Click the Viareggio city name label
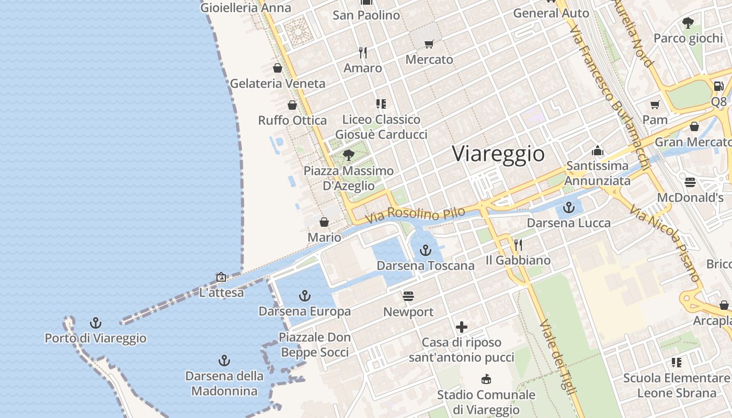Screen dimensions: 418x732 498,154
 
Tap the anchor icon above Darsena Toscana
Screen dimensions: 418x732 426,250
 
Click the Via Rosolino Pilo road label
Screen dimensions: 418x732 415,215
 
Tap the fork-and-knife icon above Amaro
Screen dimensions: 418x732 363,52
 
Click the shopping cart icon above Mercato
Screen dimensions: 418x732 429,44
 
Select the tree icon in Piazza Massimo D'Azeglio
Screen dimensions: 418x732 349,155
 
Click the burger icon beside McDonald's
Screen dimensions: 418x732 690,182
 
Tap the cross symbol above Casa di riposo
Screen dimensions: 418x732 461,328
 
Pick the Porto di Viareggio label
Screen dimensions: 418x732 95,338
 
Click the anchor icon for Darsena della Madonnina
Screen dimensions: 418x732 224,361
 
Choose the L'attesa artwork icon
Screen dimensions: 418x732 221,277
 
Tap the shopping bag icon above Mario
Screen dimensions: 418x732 324,222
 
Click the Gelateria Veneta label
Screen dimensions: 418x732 277,83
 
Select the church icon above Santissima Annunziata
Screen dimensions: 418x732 598,151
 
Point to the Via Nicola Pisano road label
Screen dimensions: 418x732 664,243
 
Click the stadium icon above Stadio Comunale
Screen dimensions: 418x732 486,379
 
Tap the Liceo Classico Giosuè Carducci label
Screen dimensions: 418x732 381,127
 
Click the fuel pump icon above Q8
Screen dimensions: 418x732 718,86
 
